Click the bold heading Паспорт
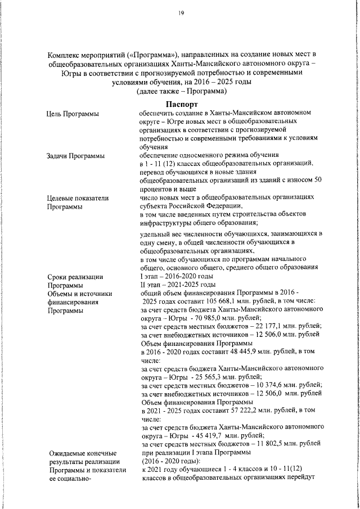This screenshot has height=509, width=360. (181, 105)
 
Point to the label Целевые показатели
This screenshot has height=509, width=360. (78, 197)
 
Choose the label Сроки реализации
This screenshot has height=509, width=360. (75, 276)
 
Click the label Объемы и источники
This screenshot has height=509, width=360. (80, 293)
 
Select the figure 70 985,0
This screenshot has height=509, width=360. (208, 318)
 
